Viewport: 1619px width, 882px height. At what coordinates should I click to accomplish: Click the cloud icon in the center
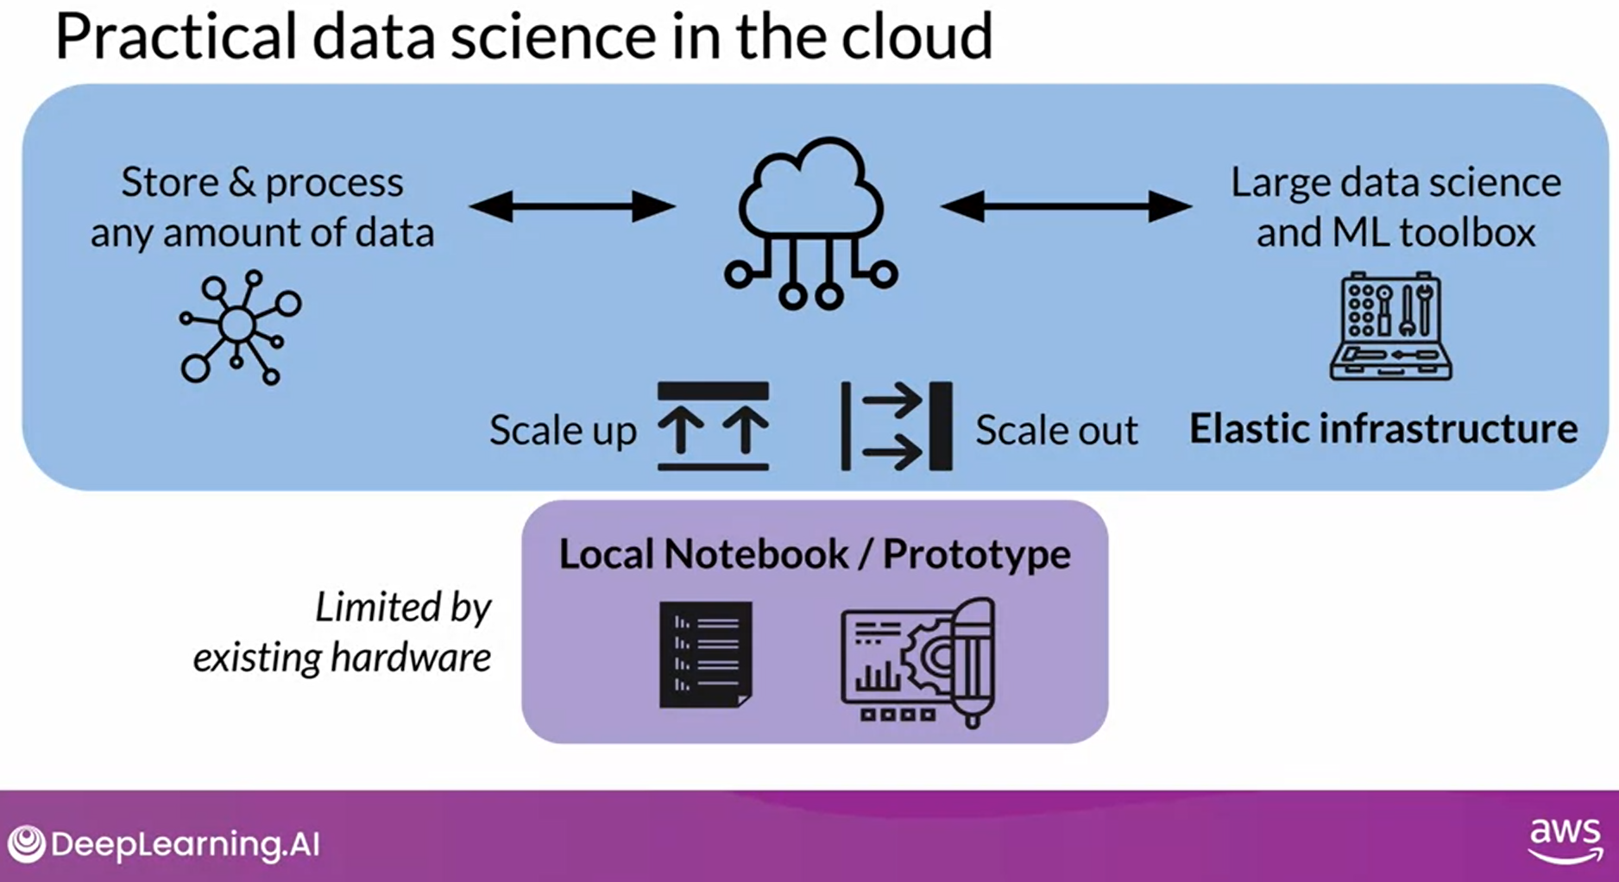tap(810, 222)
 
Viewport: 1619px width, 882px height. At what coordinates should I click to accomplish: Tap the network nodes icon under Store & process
tap(240, 327)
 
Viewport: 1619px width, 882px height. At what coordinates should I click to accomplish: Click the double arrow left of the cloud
tap(572, 206)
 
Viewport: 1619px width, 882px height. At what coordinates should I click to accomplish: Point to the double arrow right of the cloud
tap(1066, 206)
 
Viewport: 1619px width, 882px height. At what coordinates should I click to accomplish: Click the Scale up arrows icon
tap(713, 426)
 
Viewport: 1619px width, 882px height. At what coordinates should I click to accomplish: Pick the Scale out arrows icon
tap(897, 426)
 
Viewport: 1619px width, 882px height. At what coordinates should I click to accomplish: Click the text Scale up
tap(563, 430)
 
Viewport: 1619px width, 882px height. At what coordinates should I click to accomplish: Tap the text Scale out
tap(1056, 430)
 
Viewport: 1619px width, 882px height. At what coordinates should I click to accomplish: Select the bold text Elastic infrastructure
tap(1383, 429)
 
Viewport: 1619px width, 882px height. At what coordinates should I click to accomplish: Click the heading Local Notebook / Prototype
tap(815, 554)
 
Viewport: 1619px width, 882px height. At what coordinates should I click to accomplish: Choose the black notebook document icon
tap(706, 654)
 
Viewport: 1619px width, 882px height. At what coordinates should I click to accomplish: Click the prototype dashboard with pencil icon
tap(918, 662)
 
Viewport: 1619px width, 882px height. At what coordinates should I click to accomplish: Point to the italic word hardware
tap(411, 658)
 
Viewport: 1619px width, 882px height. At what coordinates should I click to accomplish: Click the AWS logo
tap(1565, 840)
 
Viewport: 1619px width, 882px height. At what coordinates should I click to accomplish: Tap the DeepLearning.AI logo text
tap(185, 843)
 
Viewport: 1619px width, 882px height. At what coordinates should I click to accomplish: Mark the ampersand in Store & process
tap(242, 183)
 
